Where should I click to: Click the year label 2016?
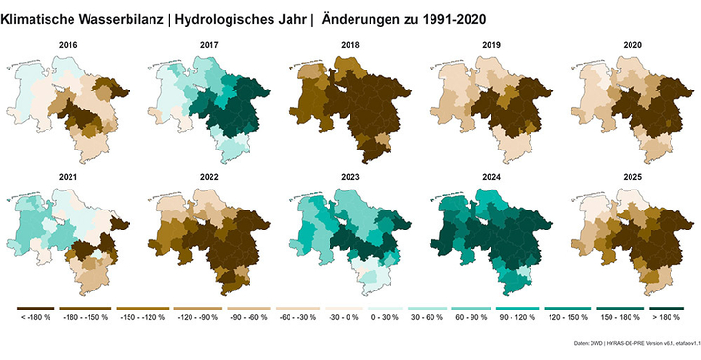[x=68, y=45]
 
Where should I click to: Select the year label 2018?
[x=350, y=45]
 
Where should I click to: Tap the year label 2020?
[x=631, y=45]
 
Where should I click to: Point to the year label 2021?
[x=68, y=175]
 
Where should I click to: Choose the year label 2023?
[x=350, y=175]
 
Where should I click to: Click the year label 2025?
[x=631, y=175]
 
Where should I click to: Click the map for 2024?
[x=491, y=238]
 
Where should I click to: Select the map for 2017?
[x=210, y=105]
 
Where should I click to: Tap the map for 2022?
[x=210, y=238]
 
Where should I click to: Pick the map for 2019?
[x=491, y=105]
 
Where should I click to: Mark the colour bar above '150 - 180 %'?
[x=614, y=308]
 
